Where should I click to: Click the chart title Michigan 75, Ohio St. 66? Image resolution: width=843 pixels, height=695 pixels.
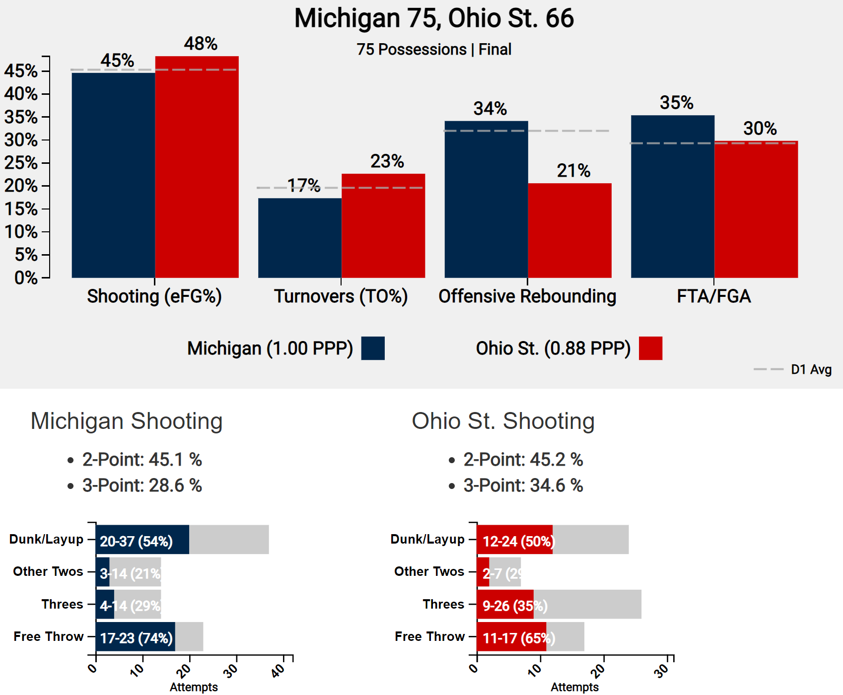pyautogui.click(x=434, y=18)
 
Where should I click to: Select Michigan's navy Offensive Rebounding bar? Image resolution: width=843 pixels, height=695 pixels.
pyautogui.click(x=486, y=199)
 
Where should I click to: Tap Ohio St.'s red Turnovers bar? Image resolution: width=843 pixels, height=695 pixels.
pyautogui.click(x=383, y=225)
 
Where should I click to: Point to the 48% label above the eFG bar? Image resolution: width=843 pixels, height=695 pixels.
pyautogui.click(x=201, y=44)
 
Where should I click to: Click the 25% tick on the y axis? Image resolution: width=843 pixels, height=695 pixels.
pyautogui.click(x=21, y=163)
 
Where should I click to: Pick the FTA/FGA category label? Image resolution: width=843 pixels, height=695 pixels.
pyautogui.click(x=713, y=296)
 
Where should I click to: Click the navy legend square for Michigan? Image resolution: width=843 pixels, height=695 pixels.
pyautogui.click(x=373, y=348)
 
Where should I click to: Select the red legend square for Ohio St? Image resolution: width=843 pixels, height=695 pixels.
pyautogui.click(x=650, y=348)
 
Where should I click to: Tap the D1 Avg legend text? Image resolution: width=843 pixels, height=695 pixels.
pyautogui.click(x=811, y=369)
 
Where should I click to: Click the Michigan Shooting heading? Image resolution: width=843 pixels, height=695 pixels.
pyautogui.click(x=127, y=421)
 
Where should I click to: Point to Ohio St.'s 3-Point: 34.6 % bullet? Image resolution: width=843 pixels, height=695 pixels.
pyautogui.click(x=523, y=486)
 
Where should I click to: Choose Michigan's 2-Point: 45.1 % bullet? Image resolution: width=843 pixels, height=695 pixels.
pyautogui.click(x=142, y=460)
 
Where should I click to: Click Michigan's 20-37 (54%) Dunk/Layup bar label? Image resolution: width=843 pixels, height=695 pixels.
pyautogui.click(x=136, y=541)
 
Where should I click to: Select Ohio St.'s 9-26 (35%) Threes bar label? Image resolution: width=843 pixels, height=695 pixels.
pyautogui.click(x=515, y=606)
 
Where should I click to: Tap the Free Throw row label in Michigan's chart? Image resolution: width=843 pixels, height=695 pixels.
pyautogui.click(x=48, y=636)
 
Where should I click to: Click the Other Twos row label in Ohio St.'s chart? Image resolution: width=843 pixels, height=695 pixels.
pyautogui.click(x=429, y=571)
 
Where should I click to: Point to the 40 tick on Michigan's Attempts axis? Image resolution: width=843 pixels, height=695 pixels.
pyautogui.click(x=279, y=671)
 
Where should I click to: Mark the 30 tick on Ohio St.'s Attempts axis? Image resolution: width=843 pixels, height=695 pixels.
pyautogui.click(x=662, y=671)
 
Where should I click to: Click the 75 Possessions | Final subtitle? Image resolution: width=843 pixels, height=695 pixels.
pyautogui.click(x=434, y=50)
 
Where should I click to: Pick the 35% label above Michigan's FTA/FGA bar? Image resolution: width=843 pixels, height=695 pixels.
pyautogui.click(x=676, y=103)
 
